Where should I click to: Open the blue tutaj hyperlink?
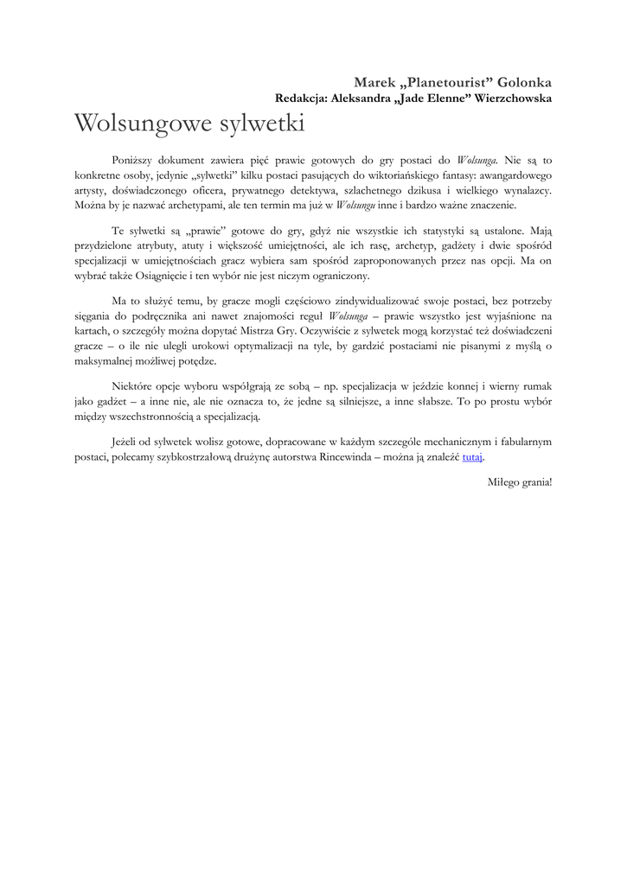point(471,456)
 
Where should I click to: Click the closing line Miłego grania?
point(519,481)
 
